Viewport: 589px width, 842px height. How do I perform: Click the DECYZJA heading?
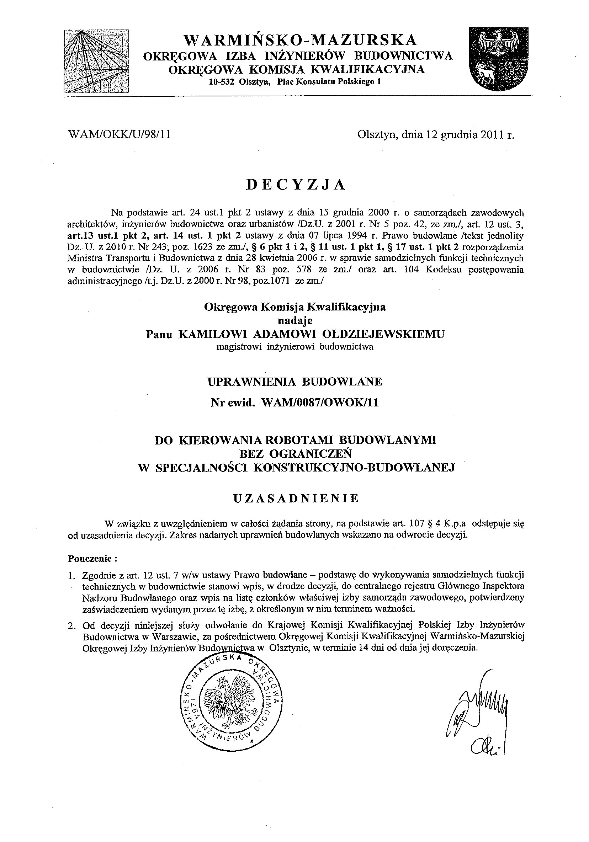295,185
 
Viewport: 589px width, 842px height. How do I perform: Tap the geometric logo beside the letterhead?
96,61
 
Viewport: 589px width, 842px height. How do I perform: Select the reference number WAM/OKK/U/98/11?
120,135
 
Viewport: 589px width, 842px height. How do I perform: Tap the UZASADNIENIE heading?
296,499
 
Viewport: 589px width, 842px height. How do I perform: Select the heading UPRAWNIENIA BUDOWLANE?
295,382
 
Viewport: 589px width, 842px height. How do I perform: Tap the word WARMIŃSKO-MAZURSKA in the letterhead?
300,39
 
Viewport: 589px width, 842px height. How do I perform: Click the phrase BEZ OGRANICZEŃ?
295,454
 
